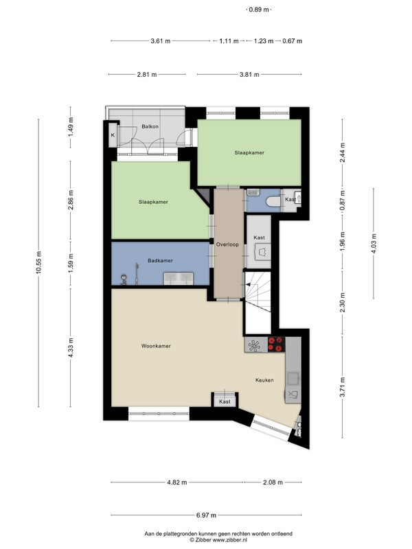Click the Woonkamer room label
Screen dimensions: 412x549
point(156,346)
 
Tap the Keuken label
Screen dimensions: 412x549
point(264,380)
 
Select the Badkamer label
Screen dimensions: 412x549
point(160,261)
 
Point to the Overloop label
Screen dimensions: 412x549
point(227,244)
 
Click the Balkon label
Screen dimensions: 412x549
point(150,126)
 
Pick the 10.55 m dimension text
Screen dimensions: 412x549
point(38,263)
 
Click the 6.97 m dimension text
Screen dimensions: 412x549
point(206,515)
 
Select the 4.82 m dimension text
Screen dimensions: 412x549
point(177,482)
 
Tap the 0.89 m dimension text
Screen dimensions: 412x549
point(259,10)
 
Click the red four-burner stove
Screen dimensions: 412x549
point(277,344)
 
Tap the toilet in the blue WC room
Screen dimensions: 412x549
point(273,202)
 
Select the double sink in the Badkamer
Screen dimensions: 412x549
point(179,279)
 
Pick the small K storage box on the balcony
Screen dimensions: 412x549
point(113,135)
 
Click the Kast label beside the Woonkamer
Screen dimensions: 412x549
point(225,401)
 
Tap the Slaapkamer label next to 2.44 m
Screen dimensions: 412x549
point(249,152)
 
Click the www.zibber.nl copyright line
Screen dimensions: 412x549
point(218,540)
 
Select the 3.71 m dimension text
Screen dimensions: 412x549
point(342,387)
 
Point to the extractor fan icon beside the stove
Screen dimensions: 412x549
point(254,345)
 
